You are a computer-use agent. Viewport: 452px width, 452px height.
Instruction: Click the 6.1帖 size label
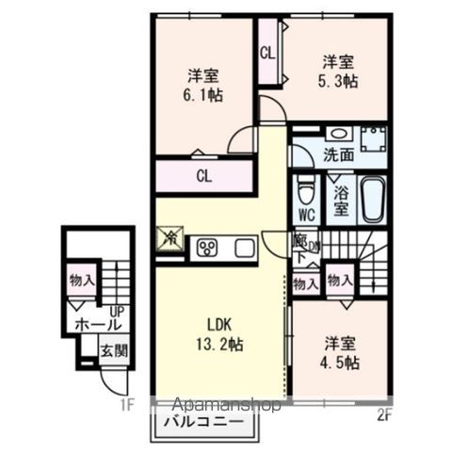[x=203, y=94]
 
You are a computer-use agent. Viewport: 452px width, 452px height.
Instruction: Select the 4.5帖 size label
[x=339, y=363]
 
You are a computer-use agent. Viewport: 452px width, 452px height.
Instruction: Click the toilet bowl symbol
[x=305, y=194]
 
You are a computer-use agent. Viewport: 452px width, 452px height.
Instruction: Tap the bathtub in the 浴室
[x=373, y=199]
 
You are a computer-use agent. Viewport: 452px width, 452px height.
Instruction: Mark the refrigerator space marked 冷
[x=171, y=240]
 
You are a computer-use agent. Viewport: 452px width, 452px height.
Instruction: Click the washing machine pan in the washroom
[x=374, y=139]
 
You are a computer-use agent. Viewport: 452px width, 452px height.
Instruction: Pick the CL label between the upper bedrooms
[x=267, y=54]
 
